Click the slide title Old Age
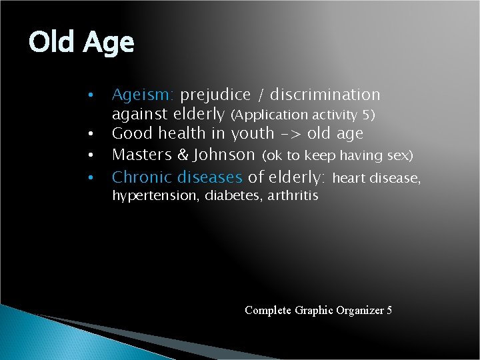click(81, 43)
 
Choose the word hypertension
click(149, 196)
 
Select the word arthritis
click(293, 196)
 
